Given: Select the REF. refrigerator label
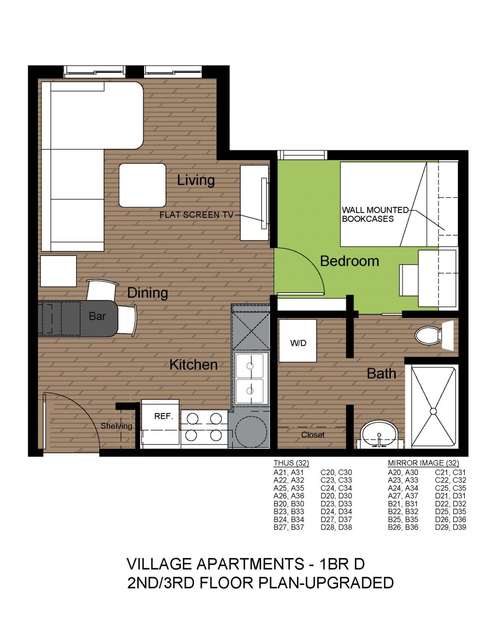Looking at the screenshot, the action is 163,416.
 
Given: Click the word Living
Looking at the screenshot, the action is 196,181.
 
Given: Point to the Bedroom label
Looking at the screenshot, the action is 349,261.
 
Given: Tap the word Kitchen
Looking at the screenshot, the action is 194,365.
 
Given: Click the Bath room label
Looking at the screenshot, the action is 381,373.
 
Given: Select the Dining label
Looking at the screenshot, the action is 147,293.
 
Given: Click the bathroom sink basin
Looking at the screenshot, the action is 379,433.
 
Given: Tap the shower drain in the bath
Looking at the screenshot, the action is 433,411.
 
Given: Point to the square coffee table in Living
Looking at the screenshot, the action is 143,185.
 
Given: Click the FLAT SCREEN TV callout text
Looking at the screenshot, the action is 196,215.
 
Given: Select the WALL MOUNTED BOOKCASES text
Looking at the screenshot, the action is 375,214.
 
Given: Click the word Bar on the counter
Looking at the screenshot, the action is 97,316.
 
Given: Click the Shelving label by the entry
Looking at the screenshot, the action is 116,426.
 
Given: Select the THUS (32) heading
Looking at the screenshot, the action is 291,463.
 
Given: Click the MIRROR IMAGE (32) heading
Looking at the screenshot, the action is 423,463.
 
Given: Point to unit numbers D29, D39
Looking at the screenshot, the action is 451,527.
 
